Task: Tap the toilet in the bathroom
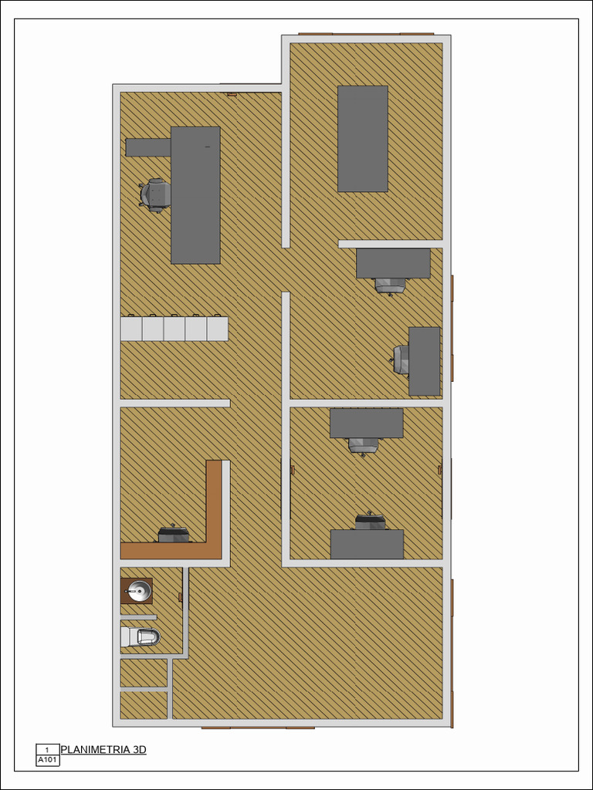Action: click(141, 636)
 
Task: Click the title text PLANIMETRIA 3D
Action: click(103, 750)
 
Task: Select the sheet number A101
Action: click(48, 760)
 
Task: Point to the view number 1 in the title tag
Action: click(47, 750)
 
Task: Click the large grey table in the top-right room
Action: click(363, 139)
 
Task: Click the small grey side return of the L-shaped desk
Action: click(148, 147)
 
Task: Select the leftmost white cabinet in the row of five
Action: click(131, 329)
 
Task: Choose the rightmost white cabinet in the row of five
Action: click(218, 329)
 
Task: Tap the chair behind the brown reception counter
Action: click(175, 534)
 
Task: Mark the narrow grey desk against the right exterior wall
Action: click(424, 361)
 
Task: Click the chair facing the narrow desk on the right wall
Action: click(402, 360)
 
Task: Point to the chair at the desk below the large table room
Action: click(390, 285)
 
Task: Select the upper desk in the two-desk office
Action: click(367, 424)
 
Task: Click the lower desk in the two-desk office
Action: click(367, 544)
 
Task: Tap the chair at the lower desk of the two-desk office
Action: click(371, 522)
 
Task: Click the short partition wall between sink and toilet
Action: click(139, 617)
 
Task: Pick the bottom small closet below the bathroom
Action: click(144, 705)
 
